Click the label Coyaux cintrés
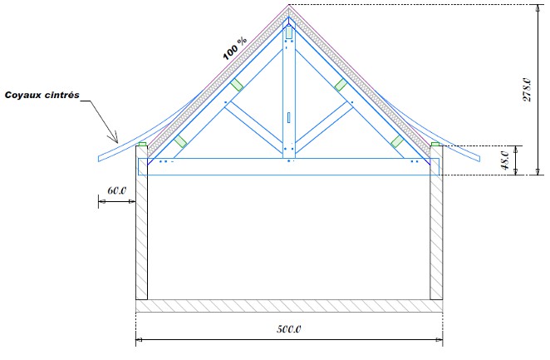41,96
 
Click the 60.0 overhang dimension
116,192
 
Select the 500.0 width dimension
288,329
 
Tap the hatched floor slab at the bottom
288,306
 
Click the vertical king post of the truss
288,91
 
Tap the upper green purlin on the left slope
238,84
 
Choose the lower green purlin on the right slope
397,141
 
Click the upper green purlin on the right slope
340,84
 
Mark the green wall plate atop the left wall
142,145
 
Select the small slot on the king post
288,117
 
